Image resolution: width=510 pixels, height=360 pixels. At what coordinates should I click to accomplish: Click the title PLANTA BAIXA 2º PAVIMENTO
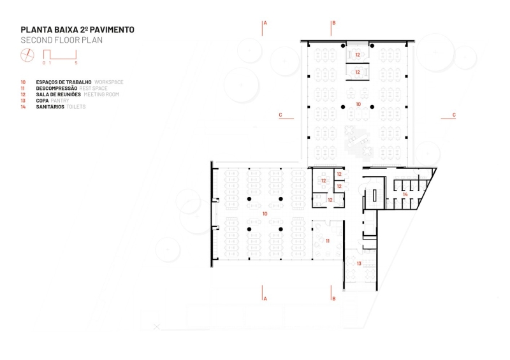pyautogui.click(x=77, y=29)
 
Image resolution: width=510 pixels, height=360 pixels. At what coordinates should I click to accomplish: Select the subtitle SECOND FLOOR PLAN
pyautogui.click(x=61, y=40)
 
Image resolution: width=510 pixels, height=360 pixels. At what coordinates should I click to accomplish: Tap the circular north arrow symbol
pyautogui.click(x=26, y=55)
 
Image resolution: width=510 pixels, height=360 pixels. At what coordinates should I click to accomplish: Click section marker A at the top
pyautogui.click(x=265, y=22)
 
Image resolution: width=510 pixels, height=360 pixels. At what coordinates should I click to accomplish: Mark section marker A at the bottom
pyautogui.click(x=265, y=298)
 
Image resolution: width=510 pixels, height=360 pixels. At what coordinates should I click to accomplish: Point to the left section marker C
pyautogui.click(x=280, y=115)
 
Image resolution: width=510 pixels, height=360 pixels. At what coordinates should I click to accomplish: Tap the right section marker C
pyautogui.click(x=454, y=115)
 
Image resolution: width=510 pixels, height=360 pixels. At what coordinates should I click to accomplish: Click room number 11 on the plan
pyautogui.click(x=327, y=241)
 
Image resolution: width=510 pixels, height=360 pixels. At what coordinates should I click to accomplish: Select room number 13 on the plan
pyautogui.click(x=359, y=263)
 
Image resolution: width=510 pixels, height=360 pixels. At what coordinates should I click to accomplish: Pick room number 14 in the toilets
pyautogui.click(x=405, y=194)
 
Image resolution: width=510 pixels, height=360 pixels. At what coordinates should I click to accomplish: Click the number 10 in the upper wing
pyautogui.click(x=358, y=103)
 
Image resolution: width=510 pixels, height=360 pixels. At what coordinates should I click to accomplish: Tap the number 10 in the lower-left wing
pyautogui.click(x=265, y=214)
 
